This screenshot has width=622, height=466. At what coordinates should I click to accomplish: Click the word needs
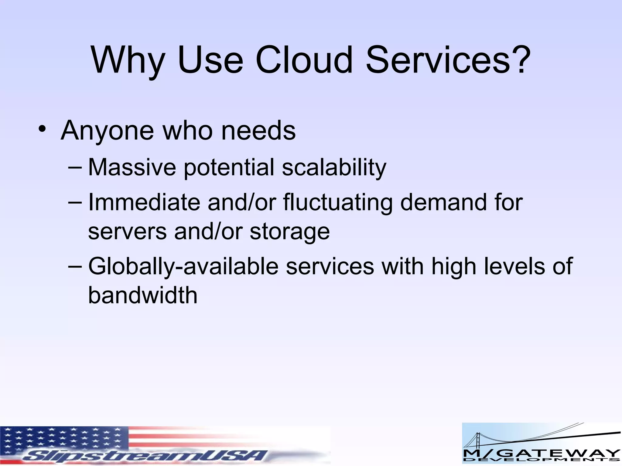pyautogui.click(x=258, y=131)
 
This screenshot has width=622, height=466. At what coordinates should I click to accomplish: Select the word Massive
pyautogui.click(x=132, y=167)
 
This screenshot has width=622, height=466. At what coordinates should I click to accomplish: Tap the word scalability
pyautogui.click(x=334, y=167)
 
